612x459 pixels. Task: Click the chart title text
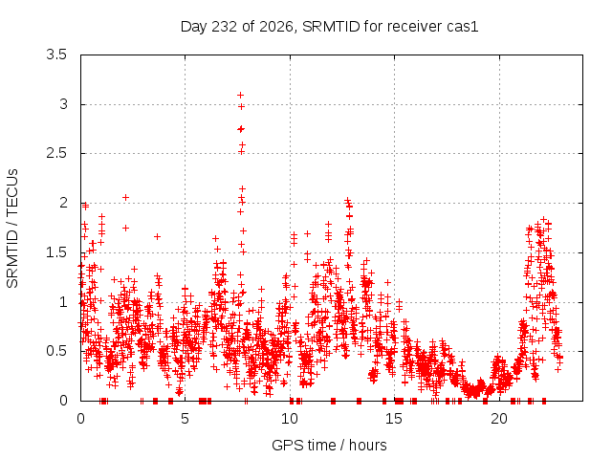click(329, 27)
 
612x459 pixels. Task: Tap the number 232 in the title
click(224, 27)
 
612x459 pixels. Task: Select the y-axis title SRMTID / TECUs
click(12, 229)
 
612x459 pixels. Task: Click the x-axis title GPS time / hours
click(329, 445)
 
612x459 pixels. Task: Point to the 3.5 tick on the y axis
click(56, 55)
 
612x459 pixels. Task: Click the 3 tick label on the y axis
click(64, 104)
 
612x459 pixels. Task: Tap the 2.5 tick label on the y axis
click(56, 153)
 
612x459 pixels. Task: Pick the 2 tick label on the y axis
click(64, 203)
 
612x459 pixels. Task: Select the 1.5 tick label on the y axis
click(56, 252)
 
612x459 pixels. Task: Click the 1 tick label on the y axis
click(64, 302)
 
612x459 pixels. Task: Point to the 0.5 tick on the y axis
click(56, 351)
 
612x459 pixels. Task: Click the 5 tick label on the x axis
click(185, 419)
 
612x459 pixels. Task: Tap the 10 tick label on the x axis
click(290, 419)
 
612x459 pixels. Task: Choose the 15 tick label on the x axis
click(394, 419)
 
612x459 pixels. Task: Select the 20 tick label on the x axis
click(499, 419)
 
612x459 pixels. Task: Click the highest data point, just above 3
click(240, 95)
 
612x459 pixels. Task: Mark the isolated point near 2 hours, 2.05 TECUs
click(125, 198)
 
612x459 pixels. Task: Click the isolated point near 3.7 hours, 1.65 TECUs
click(157, 236)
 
